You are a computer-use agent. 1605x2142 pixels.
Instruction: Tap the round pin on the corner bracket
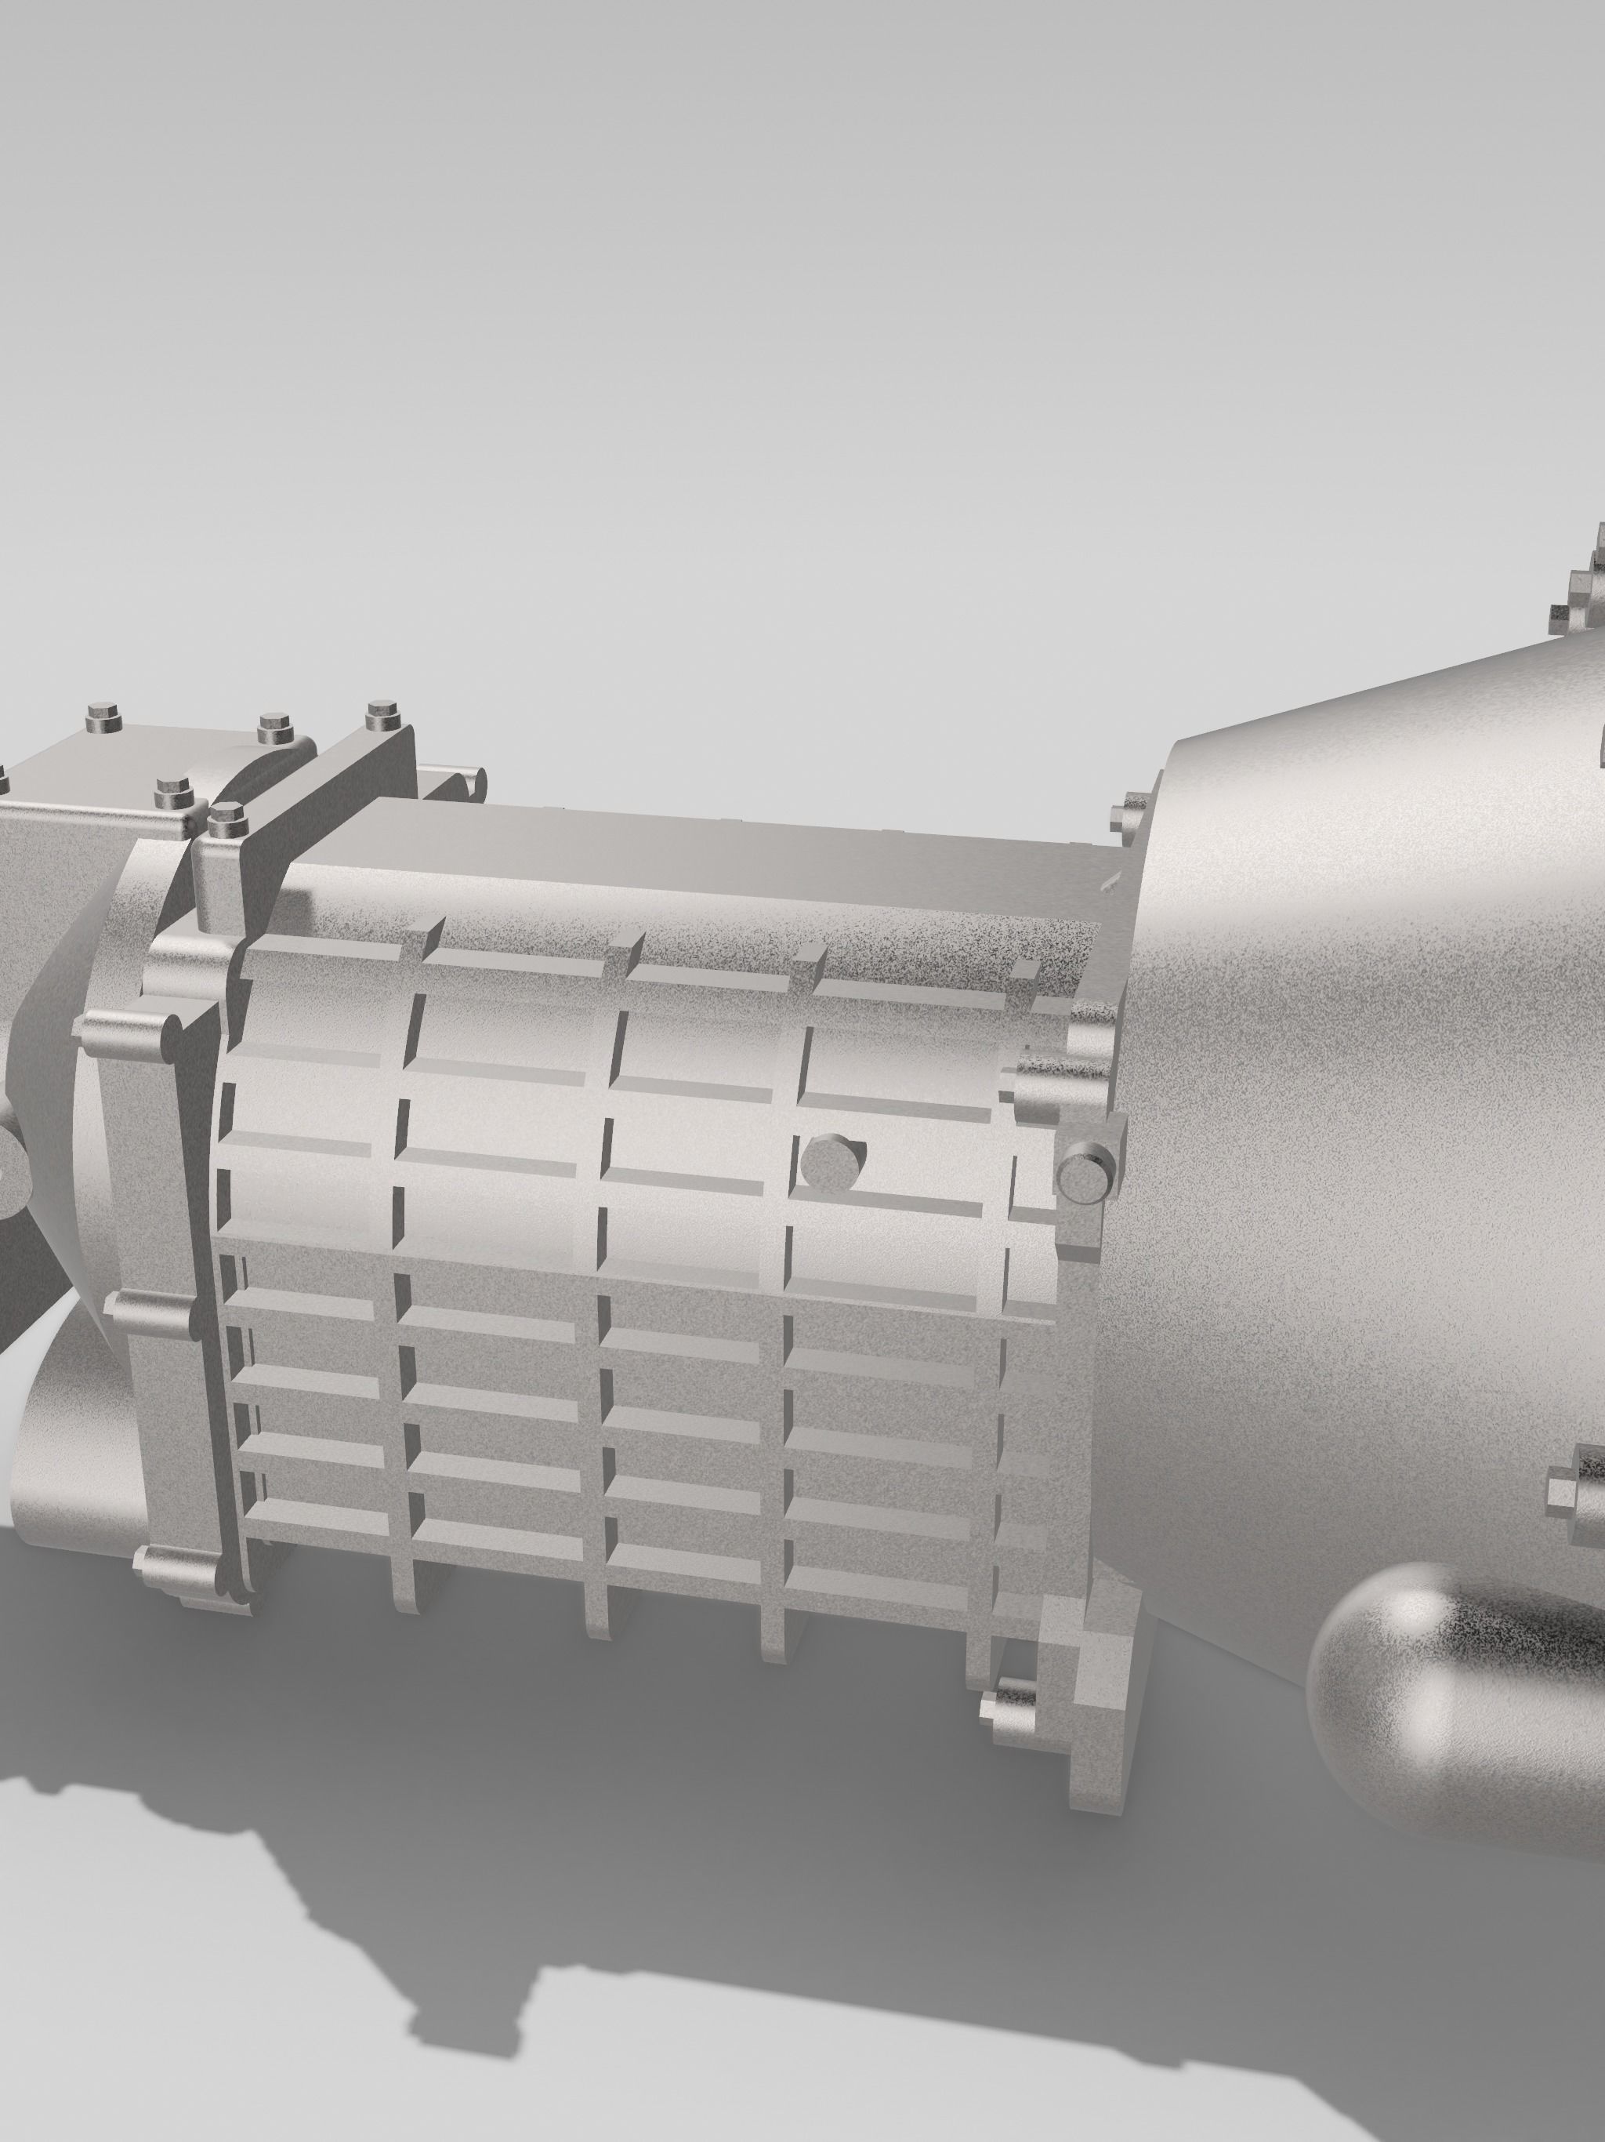coord(1084,1173)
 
